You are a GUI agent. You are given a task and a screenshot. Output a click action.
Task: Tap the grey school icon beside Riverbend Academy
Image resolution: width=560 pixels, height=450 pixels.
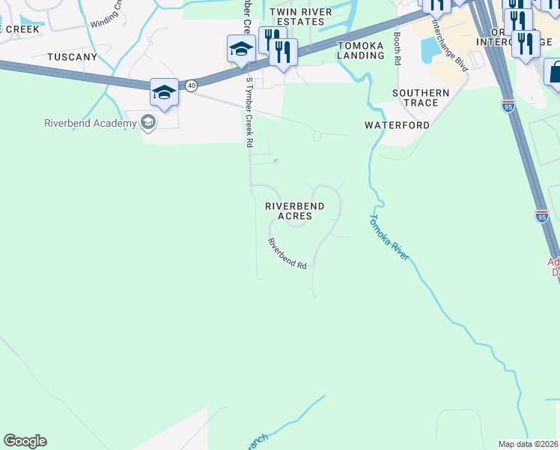148,122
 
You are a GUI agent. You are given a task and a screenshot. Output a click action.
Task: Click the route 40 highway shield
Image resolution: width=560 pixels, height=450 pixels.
192,85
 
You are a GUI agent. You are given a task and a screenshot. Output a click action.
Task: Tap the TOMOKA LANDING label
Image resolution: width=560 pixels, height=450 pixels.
360,50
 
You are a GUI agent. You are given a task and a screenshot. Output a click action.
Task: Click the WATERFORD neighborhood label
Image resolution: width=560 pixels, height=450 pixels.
397,125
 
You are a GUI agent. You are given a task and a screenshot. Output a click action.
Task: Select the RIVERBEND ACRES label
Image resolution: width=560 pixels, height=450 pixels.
295,211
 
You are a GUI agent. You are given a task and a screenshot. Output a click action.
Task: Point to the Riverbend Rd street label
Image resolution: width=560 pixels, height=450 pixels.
288,254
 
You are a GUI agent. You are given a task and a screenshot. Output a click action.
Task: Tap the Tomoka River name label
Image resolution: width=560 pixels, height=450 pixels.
389,237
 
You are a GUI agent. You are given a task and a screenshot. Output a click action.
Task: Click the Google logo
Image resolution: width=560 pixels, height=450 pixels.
25,441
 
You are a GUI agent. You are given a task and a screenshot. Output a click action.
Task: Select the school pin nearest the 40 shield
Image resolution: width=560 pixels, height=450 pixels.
164,92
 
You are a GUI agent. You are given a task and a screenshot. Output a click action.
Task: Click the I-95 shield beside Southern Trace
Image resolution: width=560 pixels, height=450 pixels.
508,106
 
